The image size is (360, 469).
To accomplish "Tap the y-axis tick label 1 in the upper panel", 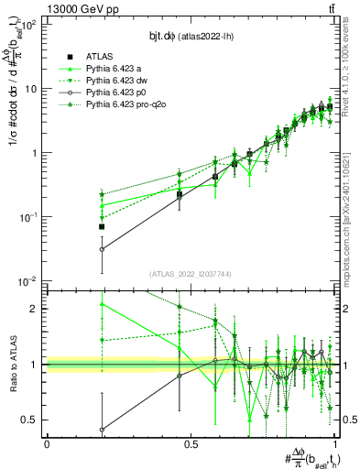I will tap(35, 153).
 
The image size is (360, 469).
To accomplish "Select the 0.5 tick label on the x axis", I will tap(191, 443).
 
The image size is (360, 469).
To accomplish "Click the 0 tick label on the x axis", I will tap(47, 443).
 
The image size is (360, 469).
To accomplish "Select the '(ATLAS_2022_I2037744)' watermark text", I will tap(191, 273).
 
